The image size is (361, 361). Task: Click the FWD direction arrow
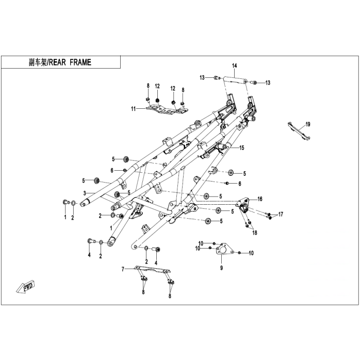coord(25,288)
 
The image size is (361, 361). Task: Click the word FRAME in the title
coord(80,62)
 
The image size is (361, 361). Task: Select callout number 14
coord(234,66)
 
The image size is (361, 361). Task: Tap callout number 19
coord(308,124)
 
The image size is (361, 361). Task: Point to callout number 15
coord(241,148)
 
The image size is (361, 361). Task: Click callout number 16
coord(260,199)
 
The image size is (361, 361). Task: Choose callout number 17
coord(281,215)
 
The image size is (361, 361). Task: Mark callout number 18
coord(255,233)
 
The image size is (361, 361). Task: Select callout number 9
coord(221,268)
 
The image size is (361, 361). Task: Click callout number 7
coord(123,269)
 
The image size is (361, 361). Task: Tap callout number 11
coord(134,109)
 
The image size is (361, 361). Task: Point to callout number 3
coord(85,193)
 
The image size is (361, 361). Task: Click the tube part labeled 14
coord(234,79)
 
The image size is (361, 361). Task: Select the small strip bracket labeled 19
coord(299,131)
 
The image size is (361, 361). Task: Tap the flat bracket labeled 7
coord(153,270)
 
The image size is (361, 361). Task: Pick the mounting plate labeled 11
coord(166,109)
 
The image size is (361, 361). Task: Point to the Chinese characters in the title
coord(38,62)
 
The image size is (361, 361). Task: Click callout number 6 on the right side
coord(240,184)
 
